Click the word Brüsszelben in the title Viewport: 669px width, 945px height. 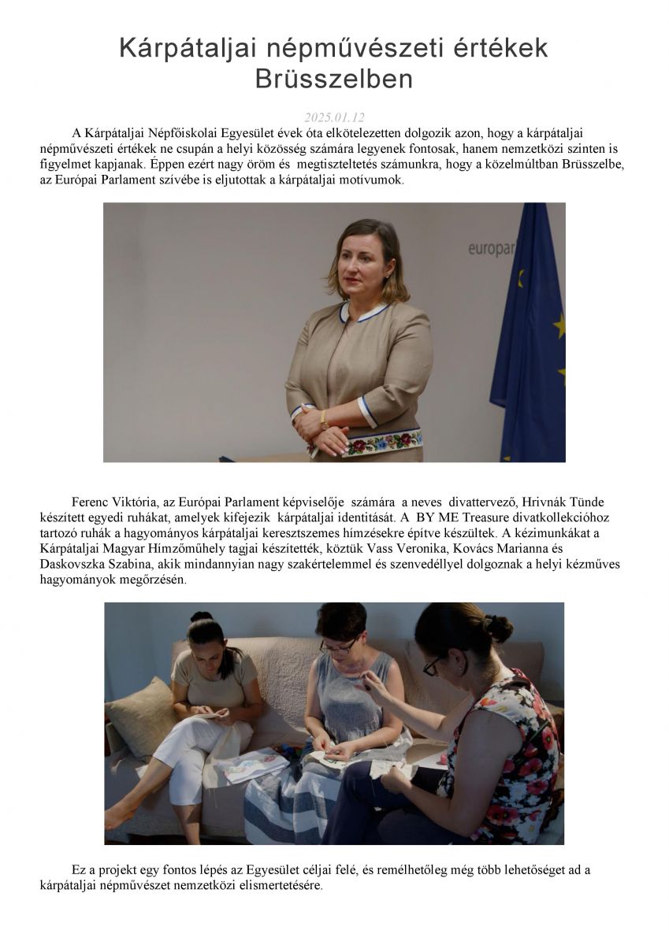334,80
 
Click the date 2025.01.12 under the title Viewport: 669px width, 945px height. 334,117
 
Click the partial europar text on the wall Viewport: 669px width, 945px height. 490,249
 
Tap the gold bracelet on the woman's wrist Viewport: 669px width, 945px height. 324,418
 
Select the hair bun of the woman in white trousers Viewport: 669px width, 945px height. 202,617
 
